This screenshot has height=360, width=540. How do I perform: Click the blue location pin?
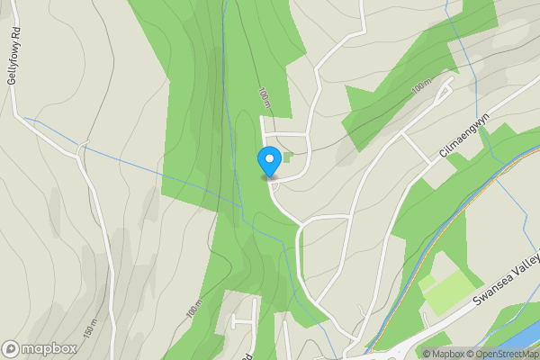268,160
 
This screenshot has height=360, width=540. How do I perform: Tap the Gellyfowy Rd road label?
13,59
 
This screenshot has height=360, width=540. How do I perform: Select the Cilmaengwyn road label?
464,136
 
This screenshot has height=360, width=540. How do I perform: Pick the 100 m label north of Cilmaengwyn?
421,88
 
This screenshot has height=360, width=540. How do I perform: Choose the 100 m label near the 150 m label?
195,308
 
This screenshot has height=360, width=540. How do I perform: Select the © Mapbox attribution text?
442,354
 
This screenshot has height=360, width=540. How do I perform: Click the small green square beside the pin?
286,157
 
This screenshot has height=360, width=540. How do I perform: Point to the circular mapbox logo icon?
11,349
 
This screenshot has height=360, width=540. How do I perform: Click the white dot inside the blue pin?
268,157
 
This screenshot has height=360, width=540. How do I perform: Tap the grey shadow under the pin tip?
268,178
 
